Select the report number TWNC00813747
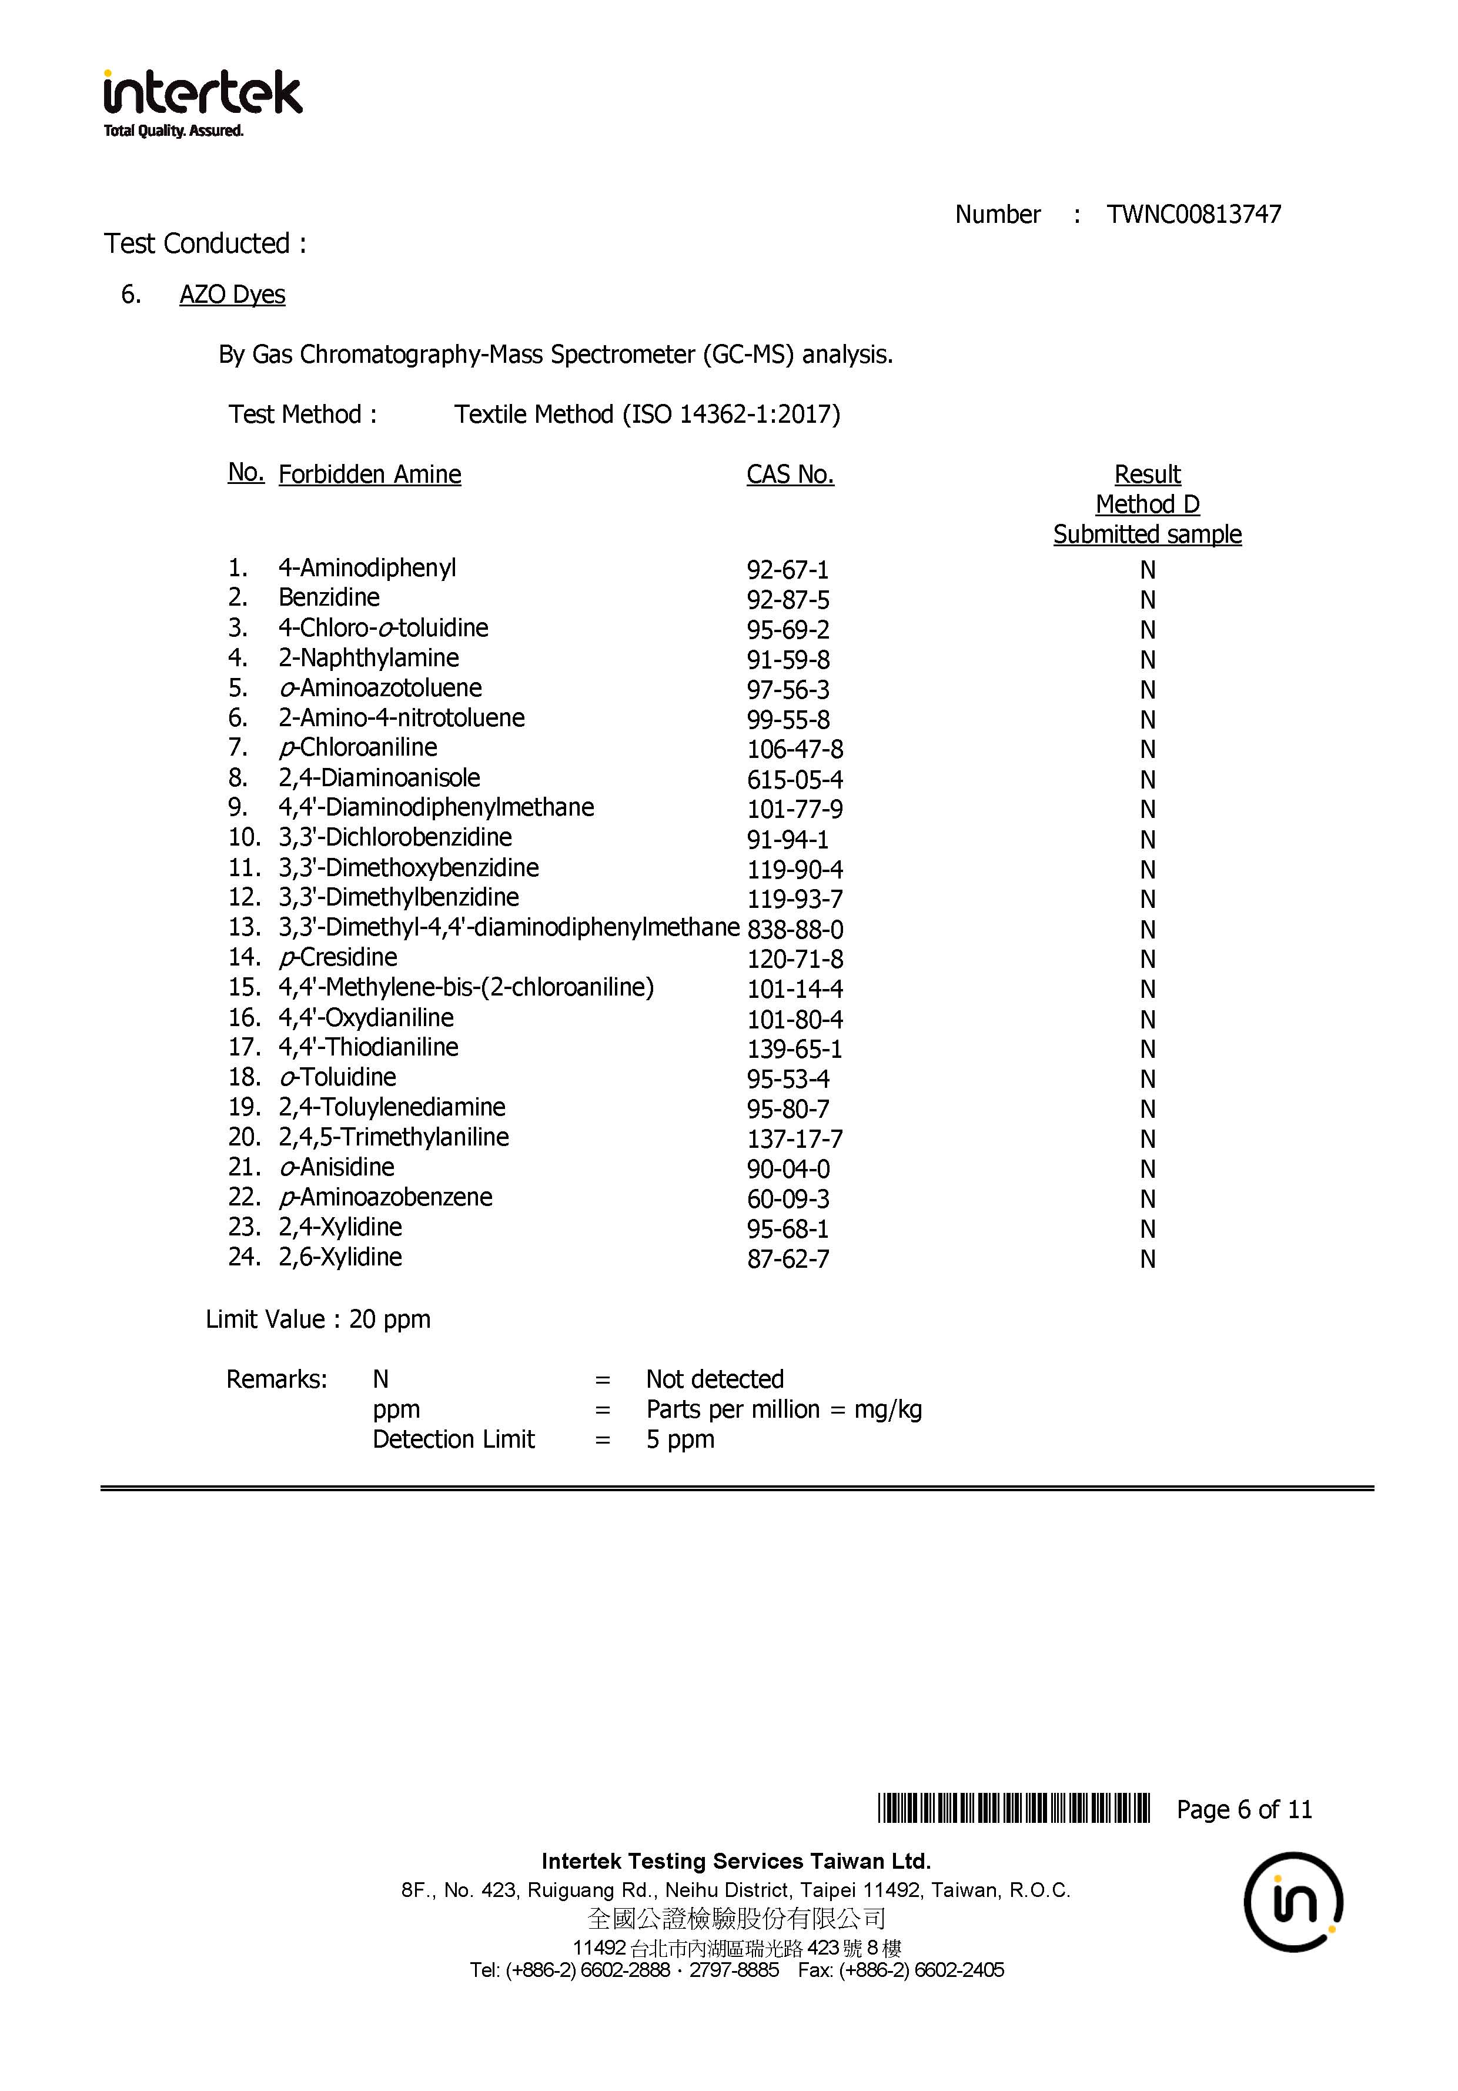click(1193, 215)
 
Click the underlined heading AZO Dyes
click(232, 295)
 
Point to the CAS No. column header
click(790, 475)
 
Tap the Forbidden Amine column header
click(370, 475)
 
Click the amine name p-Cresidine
click(339, 958)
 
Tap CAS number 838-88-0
click(795, 930)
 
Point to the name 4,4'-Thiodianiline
click(368, 1047)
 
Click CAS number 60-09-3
click(788, 1200)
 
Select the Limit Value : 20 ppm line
click(318, 1320)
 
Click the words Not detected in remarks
click(715, 1379)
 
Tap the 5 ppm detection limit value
click(680, 1440)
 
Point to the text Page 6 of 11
click(1244, 1809)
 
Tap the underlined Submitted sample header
click(1146, 535)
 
